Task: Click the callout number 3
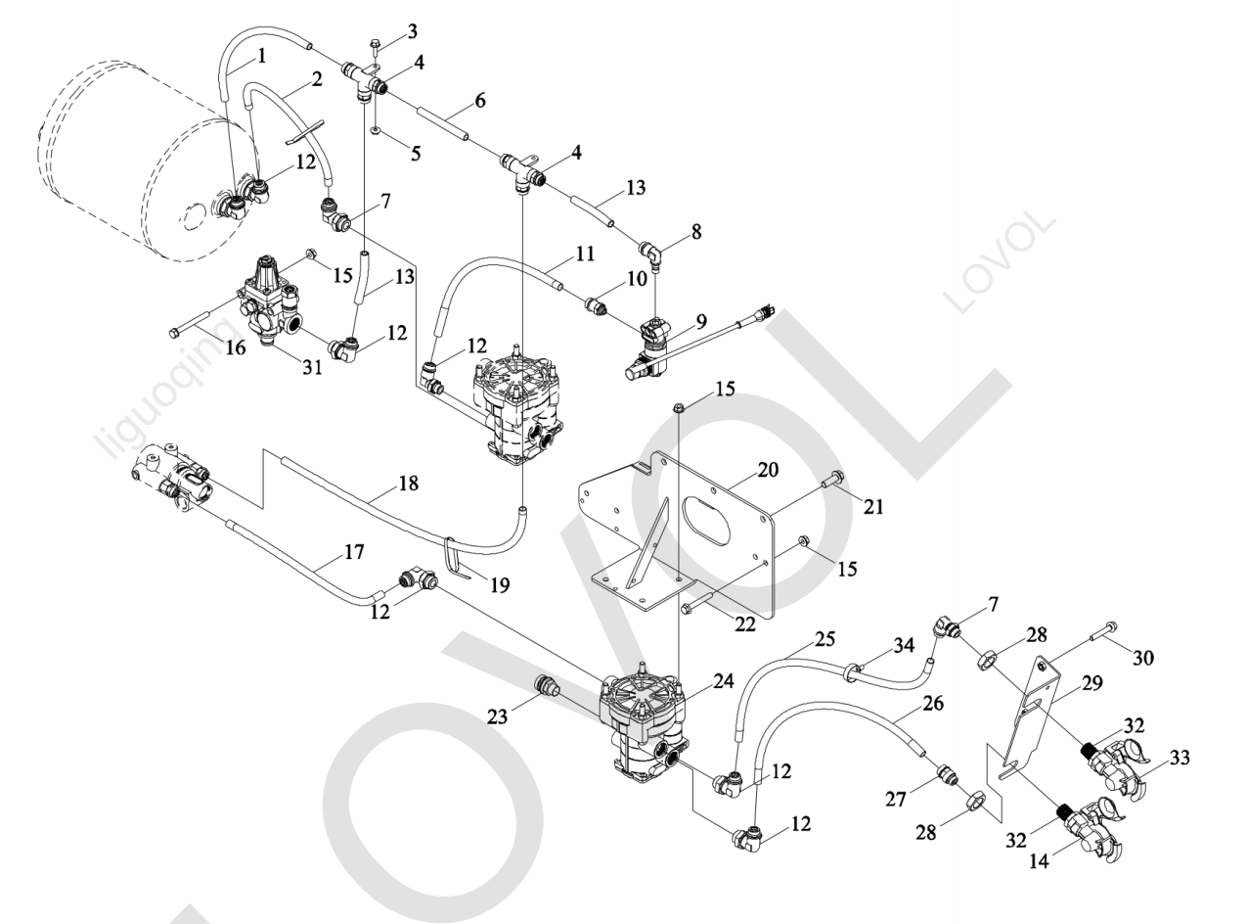pos(413,31)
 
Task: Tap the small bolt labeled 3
pos(375,46)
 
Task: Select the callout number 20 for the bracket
pos(769,469)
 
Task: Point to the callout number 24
pos(724,681)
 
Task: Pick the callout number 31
pos(313,367)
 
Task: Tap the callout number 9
pos(700,321)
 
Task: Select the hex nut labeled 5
pos(375,131)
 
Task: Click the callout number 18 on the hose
pos(408,483)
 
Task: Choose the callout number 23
pos(497,716)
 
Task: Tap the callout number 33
pos(1180,758)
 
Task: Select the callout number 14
pos(1039,861)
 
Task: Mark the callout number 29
pos(1091,682)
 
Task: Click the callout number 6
pos(479,101)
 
